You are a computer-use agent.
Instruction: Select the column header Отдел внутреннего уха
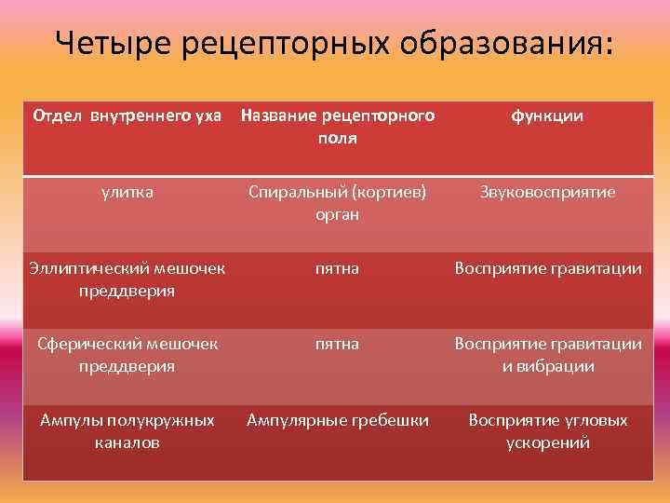point(127,116)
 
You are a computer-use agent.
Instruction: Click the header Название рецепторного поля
point(337,127)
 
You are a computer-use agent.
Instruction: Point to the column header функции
point(547,116)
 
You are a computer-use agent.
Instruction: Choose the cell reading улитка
point(127,192)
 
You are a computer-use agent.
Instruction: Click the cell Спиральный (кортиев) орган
point(337,202)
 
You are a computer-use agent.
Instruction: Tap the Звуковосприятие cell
point(547,192)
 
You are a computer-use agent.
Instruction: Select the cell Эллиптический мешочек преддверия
point(127,279)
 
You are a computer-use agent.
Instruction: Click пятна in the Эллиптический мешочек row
point(337,268)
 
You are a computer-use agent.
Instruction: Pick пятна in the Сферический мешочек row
point(337,344)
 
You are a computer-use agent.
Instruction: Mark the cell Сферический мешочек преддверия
point(127,354)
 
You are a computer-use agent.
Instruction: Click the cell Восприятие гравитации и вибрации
point(547,354)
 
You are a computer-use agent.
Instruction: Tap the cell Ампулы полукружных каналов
point(127,430)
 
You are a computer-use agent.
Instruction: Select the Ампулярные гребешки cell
point(337,420)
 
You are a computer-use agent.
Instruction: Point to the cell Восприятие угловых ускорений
point(547,430)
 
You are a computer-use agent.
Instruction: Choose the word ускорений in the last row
point(547,442)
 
